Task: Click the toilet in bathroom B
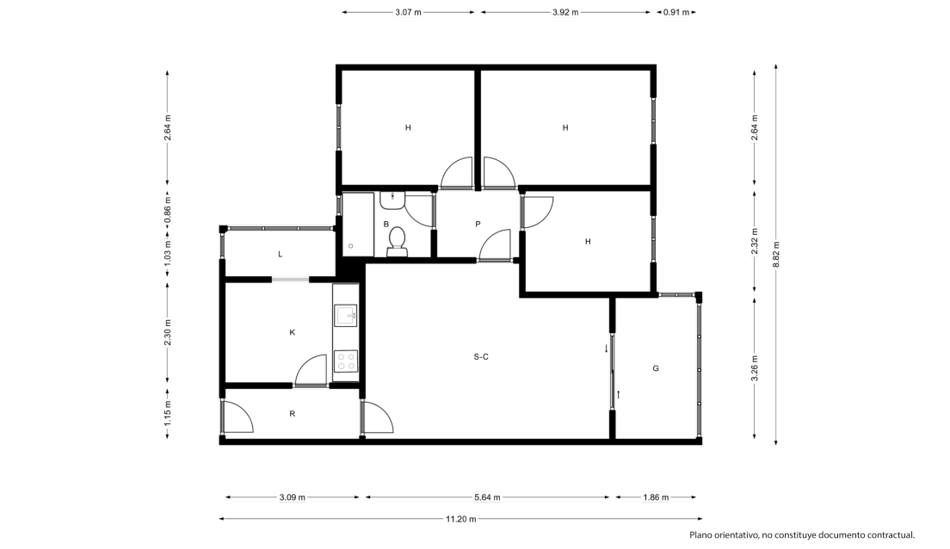[397, 241]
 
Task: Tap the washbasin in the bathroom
[392, 200]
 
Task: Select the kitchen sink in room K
[345, 316]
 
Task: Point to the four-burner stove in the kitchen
[346, 361]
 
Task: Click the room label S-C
[481, 357]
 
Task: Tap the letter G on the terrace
[656, 368]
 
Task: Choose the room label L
[280, 255]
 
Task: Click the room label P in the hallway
[478, 225]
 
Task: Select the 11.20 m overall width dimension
[461, 519]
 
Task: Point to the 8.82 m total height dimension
[776, 255]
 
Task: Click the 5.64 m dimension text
[487, 497]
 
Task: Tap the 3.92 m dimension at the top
[565, 12]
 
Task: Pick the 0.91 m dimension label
[676, 12]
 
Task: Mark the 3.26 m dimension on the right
[755, 368]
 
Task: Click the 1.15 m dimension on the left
[168, 413]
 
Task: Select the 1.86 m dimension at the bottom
[657, 497]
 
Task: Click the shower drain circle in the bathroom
[350, 245]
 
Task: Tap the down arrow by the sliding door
[606, 349]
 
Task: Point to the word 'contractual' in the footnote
[891, 535]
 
